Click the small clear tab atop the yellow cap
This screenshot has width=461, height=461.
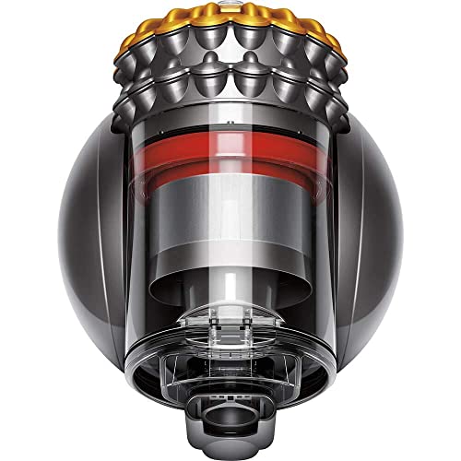point(230,6)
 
